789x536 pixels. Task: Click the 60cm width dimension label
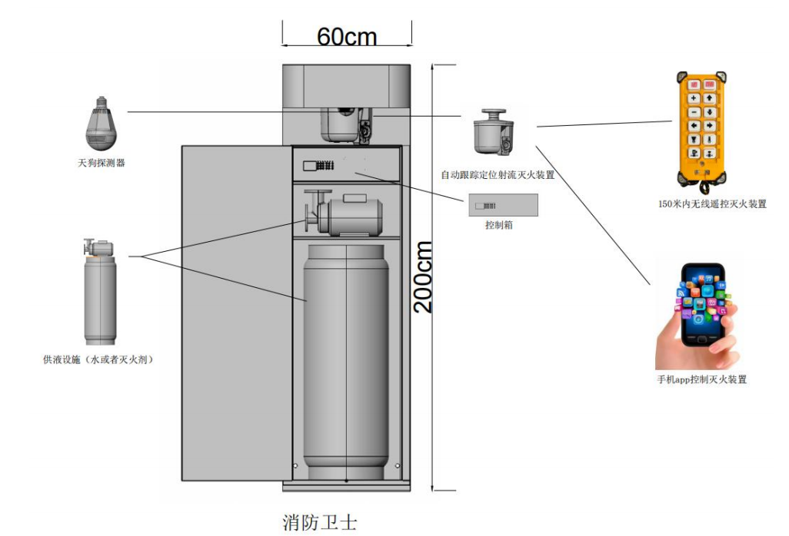pyautogui.click(x=347, y=36)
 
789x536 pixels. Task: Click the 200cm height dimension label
pyautogui.click(x=424, y=276)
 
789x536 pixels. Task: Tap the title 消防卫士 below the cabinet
pyautogui.click(x=320, y=523)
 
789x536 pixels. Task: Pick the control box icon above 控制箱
pyautogui.click(x=504, y=205)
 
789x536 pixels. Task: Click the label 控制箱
pyautogui.click(x=500, y=226)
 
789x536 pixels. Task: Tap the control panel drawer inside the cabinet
pyautogui.click(x=346, y=164)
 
